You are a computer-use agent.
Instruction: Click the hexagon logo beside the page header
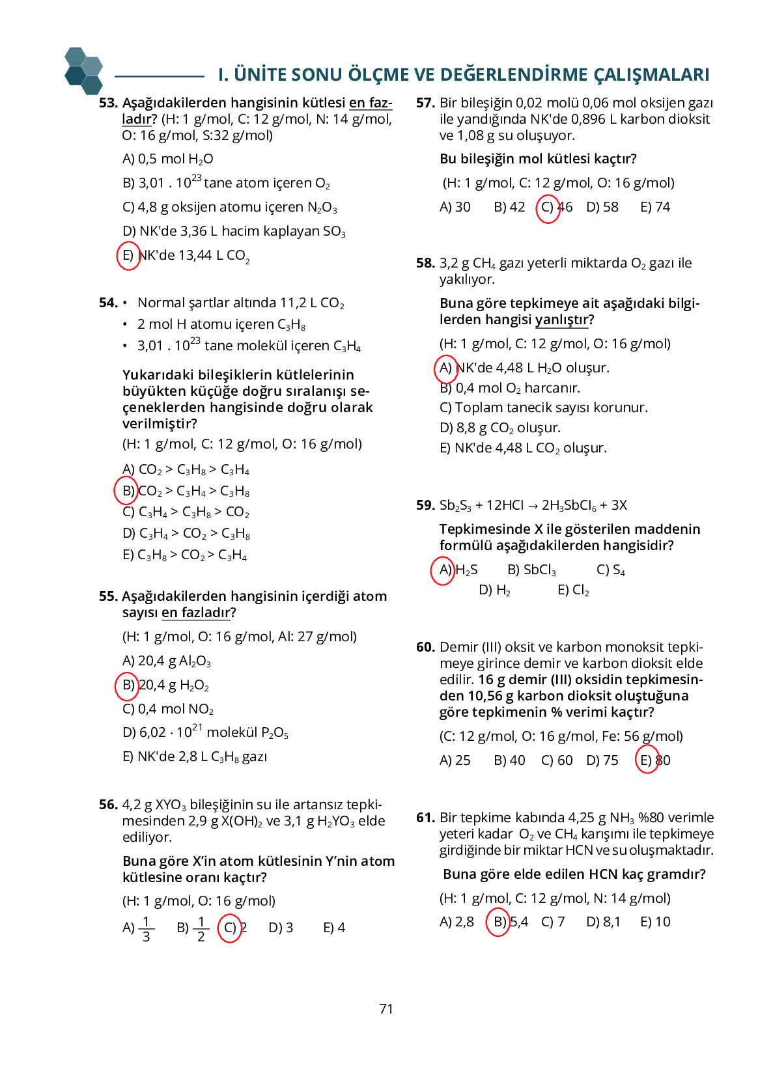click(x=84, y=70)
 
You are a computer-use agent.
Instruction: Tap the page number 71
click(x=386, y=1008)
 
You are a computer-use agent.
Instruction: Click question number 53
click(x=108, y=103)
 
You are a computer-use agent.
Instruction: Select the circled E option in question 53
click(x=128, y=255)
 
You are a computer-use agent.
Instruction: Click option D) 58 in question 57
click(x=602, y=207)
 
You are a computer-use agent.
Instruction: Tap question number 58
click(x=425, y=263)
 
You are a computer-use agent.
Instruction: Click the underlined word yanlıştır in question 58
click(x=561, y=320)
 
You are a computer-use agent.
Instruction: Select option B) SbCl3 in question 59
click(x=531, y=570)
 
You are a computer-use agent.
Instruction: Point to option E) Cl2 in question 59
click(x=573, y=590)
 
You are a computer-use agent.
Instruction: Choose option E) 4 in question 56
click(x=334, y=928)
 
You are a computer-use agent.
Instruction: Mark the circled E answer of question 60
click(x=647, y=760)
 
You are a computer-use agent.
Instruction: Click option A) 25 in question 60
click(x=455, y=760)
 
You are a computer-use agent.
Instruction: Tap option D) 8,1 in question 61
click(x=603, y=922)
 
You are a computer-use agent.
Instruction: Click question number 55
click(x=108, y=596)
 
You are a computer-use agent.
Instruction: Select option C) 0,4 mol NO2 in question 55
click(x=168, y=709)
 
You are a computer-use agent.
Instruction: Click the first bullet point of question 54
click(x=125, y=303)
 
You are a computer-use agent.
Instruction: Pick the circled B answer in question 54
click(x=126, y=490)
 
